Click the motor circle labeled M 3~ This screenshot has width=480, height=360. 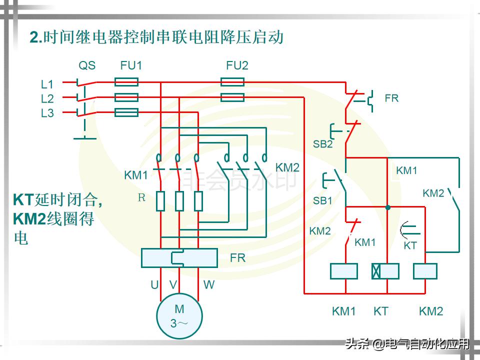click(179, 316)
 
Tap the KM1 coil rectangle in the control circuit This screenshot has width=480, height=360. click(344, 271)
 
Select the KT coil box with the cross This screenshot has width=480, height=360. click(385, 271)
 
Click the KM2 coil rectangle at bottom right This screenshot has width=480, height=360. click(425, 271)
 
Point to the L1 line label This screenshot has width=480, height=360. click(47, 84)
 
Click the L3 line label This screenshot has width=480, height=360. click(47, 113)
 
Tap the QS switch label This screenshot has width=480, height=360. click(87, 65)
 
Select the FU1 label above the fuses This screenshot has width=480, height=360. click(131, 65)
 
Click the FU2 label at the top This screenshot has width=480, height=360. click(237, 65)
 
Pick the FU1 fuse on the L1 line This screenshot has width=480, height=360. click(126, 82)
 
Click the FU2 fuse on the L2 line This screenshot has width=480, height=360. click(232, 97)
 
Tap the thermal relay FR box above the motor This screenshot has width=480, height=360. click(179, 257)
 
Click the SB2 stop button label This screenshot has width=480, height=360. click(322, 144)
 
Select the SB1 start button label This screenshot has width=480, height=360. click(322, 200)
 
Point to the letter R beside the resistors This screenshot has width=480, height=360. click(141, 197)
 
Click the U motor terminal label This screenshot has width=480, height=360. click(154, 285)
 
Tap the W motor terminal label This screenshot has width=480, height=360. click(209, 285)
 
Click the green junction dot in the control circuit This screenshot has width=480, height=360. click(387, 207)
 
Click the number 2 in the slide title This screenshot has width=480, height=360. click(34, 37)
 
